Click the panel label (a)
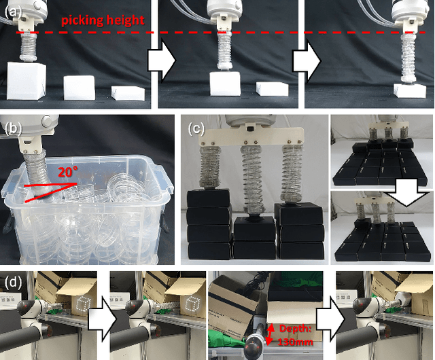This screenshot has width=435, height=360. (12, 13)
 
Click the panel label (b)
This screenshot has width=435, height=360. (14, 128)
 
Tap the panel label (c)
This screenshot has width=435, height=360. (196, 128)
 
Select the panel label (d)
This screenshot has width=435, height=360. (14, 283)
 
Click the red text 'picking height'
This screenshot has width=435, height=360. (103, 20)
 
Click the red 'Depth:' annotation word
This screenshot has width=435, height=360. (294, 329)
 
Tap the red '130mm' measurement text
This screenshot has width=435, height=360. (295, 342)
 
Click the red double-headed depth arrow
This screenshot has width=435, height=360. (270, 334)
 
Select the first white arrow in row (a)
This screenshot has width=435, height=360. (162, 60)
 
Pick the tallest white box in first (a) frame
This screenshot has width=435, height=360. (26, 80)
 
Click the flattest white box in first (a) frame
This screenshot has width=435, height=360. (128, 93)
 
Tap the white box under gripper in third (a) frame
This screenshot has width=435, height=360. (410, 91)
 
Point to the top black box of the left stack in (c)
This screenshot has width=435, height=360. (209, 199)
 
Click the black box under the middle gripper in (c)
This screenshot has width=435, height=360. (255, 229)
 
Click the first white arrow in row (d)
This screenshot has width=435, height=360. (102, 319)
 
